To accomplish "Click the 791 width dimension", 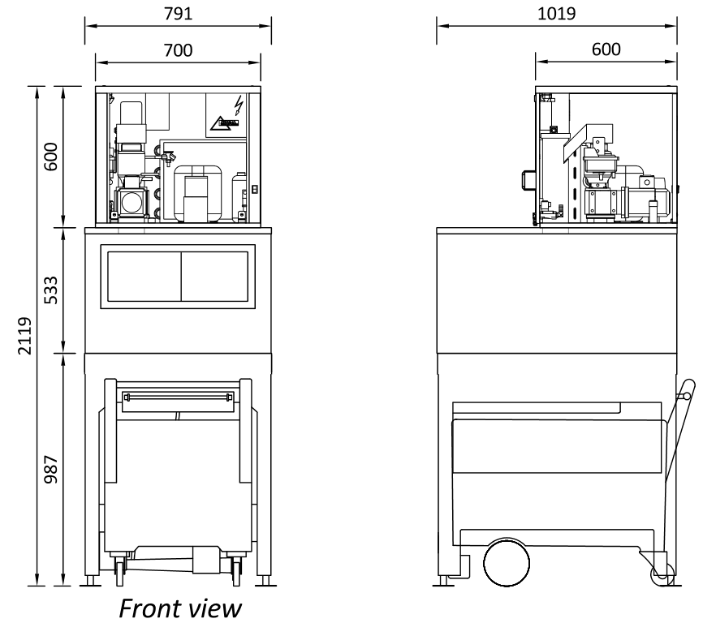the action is pos(178,14).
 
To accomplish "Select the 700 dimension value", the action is pos(178,50).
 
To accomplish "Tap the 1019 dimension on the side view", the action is pos(556,14).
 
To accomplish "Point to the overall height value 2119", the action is pos(25,336).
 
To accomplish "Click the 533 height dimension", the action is pos(51,290).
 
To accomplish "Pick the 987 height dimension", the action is pos(51,470).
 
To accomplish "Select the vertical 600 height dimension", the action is pos(51,157).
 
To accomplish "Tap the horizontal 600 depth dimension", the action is pos(606,49).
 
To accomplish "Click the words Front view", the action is pos(180,608).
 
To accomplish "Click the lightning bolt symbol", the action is pos(239,105).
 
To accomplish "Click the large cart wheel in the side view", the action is pos(507,563).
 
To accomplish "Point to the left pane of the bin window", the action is pos(144,277).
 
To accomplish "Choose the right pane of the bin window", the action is pos(215,277).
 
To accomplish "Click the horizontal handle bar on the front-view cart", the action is pos(178,397).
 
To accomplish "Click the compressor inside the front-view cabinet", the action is pos(197,194).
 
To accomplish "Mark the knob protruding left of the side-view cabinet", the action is pos(528,181).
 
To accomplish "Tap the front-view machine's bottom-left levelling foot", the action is pos(91,581).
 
